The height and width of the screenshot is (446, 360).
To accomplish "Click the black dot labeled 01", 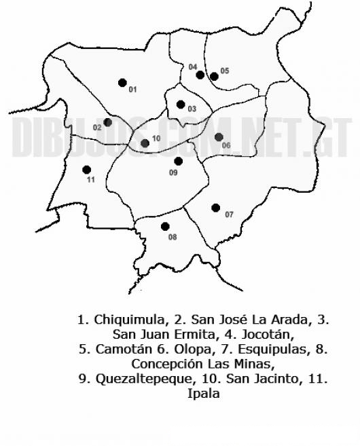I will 122,83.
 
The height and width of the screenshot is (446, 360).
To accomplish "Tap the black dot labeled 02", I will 107,122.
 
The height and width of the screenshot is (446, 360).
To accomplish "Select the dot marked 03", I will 181,104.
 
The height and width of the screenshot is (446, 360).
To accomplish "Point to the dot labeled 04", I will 200,75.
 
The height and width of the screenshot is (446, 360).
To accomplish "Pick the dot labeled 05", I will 214,76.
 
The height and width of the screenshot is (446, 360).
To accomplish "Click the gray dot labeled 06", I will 219,137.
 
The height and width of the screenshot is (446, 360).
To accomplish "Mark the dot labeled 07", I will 215,208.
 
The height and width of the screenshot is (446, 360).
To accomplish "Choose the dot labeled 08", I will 164,227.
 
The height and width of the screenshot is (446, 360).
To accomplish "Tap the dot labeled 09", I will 178,161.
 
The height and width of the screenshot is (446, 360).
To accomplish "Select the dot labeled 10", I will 145,143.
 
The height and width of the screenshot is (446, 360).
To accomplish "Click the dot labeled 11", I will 86,170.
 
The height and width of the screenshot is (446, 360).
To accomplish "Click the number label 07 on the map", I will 229,215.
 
